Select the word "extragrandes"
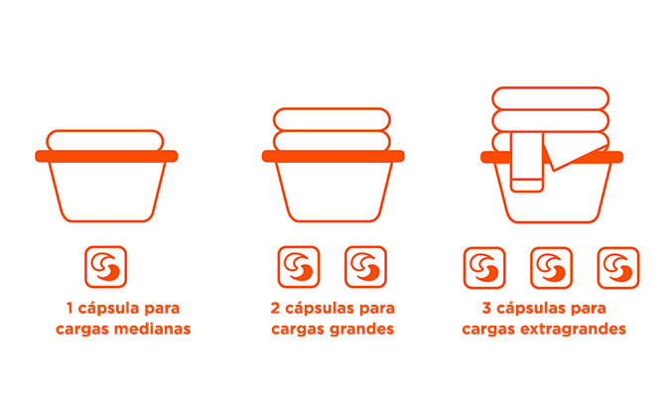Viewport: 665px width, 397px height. [x=573, y=330]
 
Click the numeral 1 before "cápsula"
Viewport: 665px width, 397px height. [x=70, y=308]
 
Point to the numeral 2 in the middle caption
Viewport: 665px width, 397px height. [x=275, y=308]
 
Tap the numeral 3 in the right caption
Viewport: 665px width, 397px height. [x=486, y=308]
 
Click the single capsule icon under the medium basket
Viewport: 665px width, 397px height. [x=105, y=267]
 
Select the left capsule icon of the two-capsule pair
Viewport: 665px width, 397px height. [x=299, y=267]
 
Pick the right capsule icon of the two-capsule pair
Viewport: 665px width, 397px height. [x=365, y=267]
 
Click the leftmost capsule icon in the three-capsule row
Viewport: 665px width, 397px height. [x=484, y=268]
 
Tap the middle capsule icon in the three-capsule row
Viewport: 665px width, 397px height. [x=551, y=268]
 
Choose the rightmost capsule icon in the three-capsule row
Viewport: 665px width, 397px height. [x=618, y=268]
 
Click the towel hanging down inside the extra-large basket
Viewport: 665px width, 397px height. [x=527, y=163]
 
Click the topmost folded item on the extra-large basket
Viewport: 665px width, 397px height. [x=551, y=98]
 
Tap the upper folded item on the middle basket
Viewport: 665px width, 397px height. [x=332, y=119]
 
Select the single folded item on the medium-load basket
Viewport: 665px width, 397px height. [x=105, y=141]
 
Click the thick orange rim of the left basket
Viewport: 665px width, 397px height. [x=106, y=156]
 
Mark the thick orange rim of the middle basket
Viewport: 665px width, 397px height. [x=332, y=156]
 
